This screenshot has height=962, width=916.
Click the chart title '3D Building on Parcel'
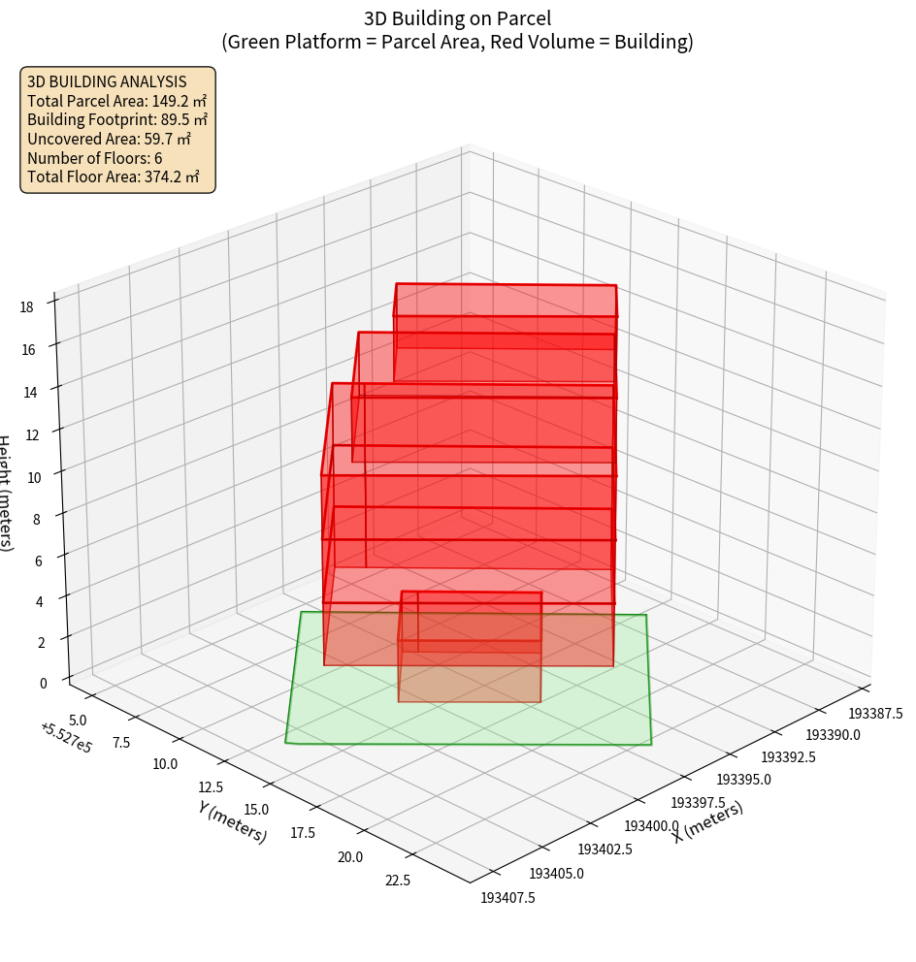[x=457, y=17]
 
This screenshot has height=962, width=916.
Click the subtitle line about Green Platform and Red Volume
[x=457, y=42]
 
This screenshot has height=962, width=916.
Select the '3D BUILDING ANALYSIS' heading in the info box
[x=107, y=81]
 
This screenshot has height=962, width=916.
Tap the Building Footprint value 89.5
[x=184, y=120]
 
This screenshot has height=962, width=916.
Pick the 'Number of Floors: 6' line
[x=95, y=158]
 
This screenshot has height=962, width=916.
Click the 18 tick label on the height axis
[x=26, y=307]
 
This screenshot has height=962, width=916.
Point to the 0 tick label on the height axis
[x=43, y=683]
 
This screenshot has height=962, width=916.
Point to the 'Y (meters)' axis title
[x=232, y=821]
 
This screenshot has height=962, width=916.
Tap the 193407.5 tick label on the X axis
[x=507, y=898]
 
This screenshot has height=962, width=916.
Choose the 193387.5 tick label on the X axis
[x=876, y=714]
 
